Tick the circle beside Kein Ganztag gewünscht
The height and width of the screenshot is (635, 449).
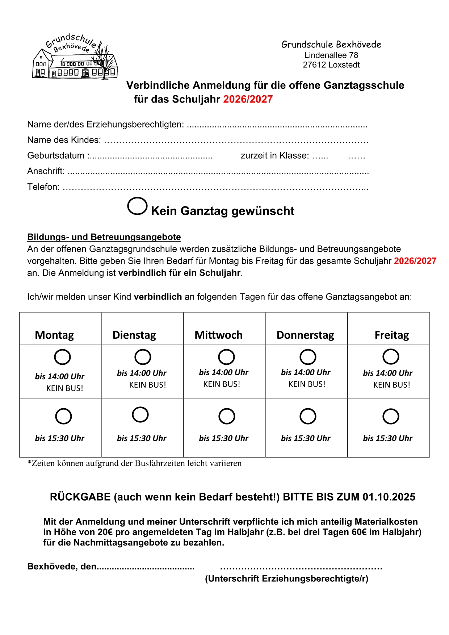tap(137, 206)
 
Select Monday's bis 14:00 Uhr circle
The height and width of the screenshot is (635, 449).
tap(62, 357)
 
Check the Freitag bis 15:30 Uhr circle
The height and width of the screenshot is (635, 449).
tap(391, 416)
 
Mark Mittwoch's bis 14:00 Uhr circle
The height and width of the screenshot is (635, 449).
tap(226, 357)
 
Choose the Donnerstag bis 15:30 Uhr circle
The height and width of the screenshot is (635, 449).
tap(308, 416)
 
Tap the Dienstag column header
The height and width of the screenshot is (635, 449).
tap(134, 335)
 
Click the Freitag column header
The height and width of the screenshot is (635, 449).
tap(391, 335)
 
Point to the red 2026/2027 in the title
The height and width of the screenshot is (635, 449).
tap(248, 99)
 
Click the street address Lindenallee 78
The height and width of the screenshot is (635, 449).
tap(331, 55)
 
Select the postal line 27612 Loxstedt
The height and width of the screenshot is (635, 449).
tap(331, 65)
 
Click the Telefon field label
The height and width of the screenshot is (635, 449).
tap(43, 187)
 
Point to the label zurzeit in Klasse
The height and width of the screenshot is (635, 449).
tap(275, 156)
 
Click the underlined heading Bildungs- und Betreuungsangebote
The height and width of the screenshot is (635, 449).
tap(104, 237)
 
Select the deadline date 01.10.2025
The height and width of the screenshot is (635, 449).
tap(389, 497)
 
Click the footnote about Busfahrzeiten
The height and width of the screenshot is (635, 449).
tap(134, 463)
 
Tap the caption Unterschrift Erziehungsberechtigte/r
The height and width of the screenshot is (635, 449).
tap(286, 578)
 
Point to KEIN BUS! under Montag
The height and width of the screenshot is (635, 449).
tap(64, 388)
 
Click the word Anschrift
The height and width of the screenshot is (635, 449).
tap(46, 171)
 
